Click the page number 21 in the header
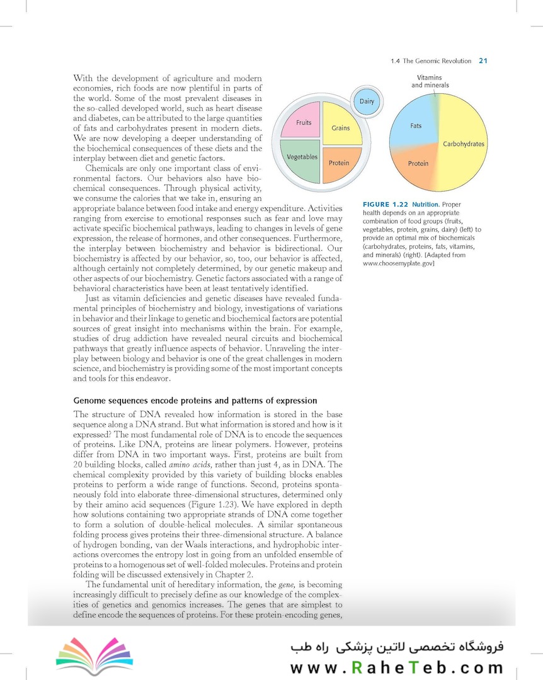(483, 61)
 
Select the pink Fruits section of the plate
(301, 123)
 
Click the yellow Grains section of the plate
(341, 126)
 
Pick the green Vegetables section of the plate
(301, 160)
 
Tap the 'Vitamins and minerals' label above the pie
(430, 81)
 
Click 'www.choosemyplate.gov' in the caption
(399, 263)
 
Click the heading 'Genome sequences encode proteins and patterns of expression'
(195, 400)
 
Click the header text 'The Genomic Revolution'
(437, 61)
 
